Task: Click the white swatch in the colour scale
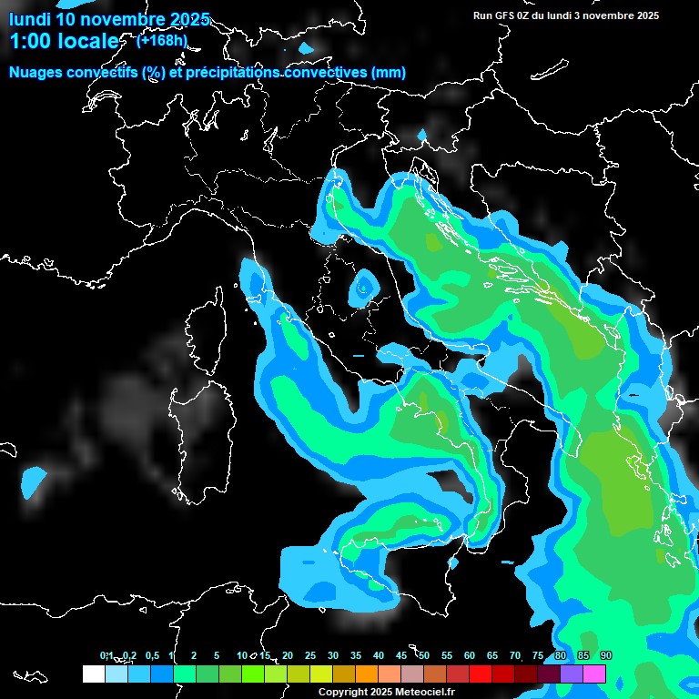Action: coord(93,674)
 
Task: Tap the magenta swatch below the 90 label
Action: coord(594,674)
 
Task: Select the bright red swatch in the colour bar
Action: coord(480,674)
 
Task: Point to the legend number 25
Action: coord(310,655)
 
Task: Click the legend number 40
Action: coord(379,655)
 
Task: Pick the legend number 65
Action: coord(492,655)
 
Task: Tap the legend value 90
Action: coord(606,655)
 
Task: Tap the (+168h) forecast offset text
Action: coord(161,40)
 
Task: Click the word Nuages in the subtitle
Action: coord(35,73)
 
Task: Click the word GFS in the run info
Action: coord(503,15)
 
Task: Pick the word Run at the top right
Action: coord(481,15)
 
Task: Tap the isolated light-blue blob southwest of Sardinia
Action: coord(35,480)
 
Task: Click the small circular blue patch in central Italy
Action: coord(366,286)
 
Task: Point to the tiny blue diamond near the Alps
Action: coord(421,136)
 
